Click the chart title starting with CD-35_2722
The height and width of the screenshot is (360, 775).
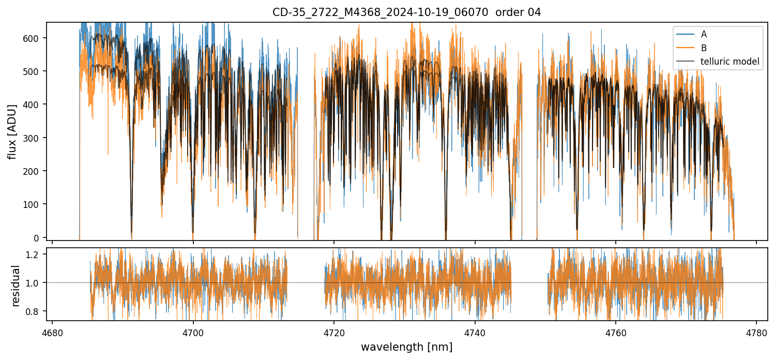click(x=406, y=12)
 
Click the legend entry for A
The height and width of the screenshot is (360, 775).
click(x=704, y=34)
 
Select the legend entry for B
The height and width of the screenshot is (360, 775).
click(x=704, y=48)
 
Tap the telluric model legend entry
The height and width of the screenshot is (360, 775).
click(x=730, y=62)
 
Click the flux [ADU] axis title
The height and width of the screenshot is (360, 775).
click(x=12, y=131)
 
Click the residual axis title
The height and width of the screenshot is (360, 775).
click(x=16, y=286)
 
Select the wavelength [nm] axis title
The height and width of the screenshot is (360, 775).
click(x=406, y=347)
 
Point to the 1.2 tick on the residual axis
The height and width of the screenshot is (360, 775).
click(x=38, y=254)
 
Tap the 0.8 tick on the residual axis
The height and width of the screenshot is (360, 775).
click(x=38, y=311)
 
